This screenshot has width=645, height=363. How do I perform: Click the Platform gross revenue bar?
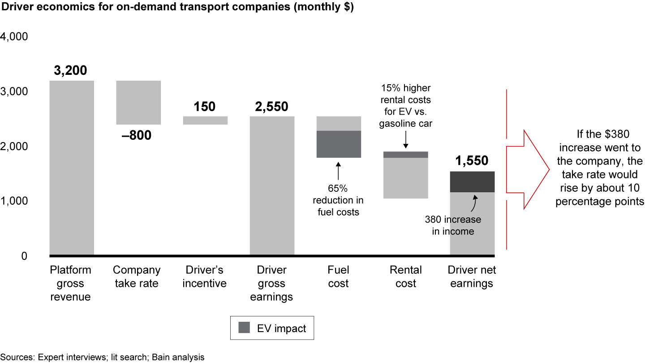point(71,168)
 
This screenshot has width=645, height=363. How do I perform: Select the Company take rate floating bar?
point(138,103)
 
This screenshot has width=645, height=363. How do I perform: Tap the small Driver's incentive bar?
point(205,120)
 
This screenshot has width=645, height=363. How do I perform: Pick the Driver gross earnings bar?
point(272,186)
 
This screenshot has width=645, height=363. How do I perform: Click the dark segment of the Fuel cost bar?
point(339,144)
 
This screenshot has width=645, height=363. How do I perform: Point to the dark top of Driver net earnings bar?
point(472,181)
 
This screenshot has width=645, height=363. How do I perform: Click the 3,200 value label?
point(71,71)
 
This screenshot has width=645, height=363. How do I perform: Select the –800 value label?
point(137,134)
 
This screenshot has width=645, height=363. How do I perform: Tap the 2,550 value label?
point(272,107)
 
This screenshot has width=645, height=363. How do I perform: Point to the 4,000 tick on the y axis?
point(15,37)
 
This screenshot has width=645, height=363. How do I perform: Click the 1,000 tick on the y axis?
point(15,201)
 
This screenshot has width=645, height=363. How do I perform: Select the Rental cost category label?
point(405,277)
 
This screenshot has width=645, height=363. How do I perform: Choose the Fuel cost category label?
point(338,277)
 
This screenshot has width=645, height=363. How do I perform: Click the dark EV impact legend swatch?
point(244,328)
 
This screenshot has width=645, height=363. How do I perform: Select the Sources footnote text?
point(103,357)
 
